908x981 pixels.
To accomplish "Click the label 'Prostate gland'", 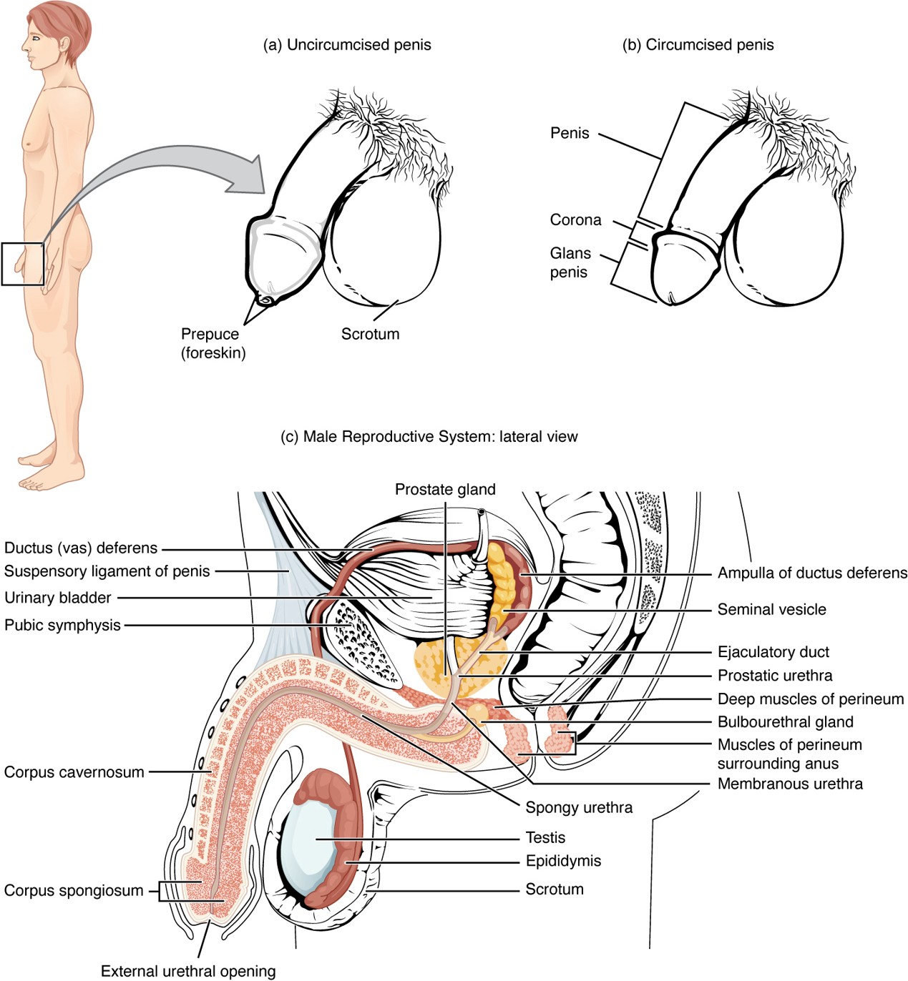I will coord(445,490).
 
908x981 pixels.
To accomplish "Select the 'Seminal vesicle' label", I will coord(771,610).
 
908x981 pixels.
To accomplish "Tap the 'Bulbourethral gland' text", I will coord(785,722).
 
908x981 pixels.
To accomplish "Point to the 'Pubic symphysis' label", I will coord(62,626).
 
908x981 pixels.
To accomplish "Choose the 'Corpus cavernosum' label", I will coord(74,772).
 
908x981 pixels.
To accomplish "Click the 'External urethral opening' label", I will coord(188,971).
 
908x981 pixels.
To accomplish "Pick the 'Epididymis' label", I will coord(563,861).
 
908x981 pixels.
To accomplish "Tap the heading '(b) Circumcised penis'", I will coord(698,45).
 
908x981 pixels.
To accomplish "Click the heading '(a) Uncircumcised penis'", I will coord(347,45).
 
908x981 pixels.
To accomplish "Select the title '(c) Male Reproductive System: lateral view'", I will coord(429,437).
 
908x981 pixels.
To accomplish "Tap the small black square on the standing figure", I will coord(22,264).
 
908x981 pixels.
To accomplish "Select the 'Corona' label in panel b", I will coord(575,220).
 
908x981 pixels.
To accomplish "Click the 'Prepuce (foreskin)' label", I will coord(213,343).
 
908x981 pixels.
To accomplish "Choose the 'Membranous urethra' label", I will coord(790,784).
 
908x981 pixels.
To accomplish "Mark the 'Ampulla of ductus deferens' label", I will coord(812,573).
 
